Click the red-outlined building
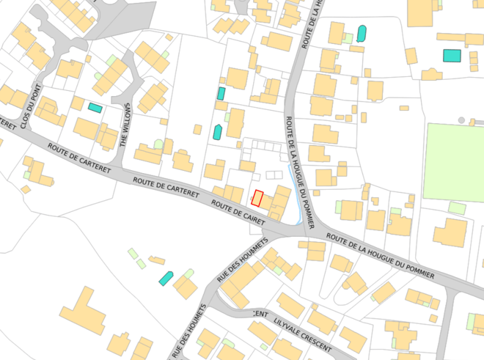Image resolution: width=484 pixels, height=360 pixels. tap(257, 198)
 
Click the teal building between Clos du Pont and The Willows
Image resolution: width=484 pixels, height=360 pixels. tap(95, 107)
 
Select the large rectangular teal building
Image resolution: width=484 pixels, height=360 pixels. tap(451, 55)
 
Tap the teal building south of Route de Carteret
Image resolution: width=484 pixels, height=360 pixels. tap(166, 278)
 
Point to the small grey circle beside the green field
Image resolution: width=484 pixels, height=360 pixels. tap(461, 120)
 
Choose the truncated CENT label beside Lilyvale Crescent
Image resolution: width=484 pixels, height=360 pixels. tap(259, 314)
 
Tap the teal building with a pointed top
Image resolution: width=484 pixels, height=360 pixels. tap(217, 132)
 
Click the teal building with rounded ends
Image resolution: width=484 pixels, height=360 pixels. tap(361, 33)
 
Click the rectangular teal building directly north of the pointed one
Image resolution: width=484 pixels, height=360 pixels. tap(221, 93)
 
